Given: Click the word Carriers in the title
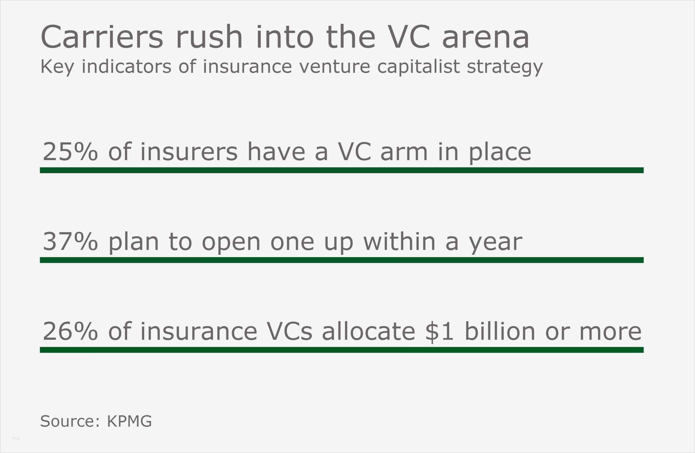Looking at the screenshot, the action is point(102,37).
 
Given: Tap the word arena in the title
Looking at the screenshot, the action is point(485,39).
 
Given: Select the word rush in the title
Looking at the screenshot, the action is point(209,37).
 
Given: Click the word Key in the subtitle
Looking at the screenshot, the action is point(57,67).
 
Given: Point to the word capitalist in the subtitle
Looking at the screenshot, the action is point(418,67).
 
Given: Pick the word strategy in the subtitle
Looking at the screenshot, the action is point(505,67).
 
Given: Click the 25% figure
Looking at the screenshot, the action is point(70,152).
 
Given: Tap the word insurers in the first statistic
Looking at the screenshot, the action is point(189,152).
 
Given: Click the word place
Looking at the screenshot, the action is point(500,153).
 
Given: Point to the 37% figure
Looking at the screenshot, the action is point(70,241).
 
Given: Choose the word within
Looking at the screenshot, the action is point(399,241).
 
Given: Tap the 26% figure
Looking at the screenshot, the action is point(70,331).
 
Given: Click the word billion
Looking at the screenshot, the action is point(500,331).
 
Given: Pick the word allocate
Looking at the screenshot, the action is point(369,331).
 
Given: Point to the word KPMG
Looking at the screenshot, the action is point(129,421).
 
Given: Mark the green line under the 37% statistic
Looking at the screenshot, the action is point(342,260).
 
